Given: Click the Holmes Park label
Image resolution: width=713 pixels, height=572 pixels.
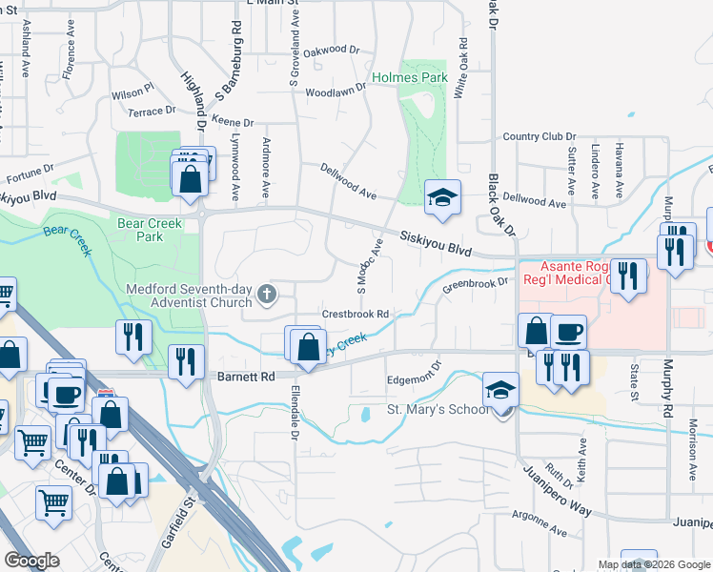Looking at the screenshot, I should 410,76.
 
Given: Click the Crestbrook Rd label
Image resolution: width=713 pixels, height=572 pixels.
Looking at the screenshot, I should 356,314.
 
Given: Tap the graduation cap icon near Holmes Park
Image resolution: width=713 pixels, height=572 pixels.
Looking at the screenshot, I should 442,196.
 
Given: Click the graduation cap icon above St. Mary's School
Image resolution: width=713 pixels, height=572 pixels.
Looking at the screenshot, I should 500,388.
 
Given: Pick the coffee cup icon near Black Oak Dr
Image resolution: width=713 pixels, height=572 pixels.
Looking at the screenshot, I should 568,332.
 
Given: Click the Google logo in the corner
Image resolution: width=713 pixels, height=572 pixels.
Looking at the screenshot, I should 31,560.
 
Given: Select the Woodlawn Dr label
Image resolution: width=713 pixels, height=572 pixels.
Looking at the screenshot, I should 336,90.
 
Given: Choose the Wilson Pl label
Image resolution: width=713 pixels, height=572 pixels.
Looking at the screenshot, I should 132,92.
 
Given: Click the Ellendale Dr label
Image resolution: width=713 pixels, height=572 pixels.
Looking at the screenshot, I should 294,419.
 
